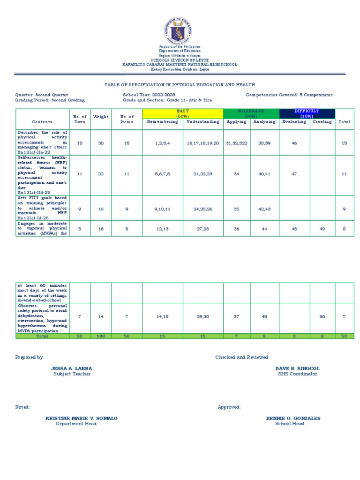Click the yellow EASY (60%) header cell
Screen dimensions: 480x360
pos(182,113)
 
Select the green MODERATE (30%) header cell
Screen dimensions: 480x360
pos(251,113)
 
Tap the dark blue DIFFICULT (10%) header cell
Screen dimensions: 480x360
pos(307,113)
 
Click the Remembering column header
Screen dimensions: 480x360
pos(163,121)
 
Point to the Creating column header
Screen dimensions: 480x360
pos(322,121)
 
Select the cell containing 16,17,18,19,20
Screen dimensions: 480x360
pos(202,142)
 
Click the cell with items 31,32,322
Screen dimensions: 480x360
pos(237,142)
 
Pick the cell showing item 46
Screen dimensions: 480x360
pos(294,142)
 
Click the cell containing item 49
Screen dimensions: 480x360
pos(322,229)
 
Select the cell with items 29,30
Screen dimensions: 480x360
pos(202,317)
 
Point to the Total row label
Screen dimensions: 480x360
pos(43,336)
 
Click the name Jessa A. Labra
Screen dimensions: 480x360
pos(72,369)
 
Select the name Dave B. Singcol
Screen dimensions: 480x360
pos(297,369)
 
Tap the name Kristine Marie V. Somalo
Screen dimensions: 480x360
pos(81,418)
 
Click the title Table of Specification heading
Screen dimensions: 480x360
pos(180,85)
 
